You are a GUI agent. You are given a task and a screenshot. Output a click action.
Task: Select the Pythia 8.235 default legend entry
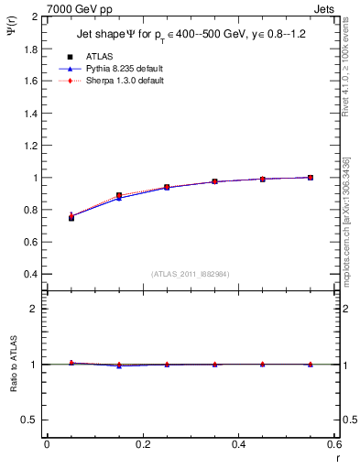tap(120, 68)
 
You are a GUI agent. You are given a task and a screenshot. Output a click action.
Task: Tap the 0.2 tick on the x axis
tap(142, 443)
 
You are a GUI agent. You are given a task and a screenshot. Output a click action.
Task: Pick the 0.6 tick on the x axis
tap(333, 443)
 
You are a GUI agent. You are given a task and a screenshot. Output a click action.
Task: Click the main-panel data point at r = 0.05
tap(71, 217)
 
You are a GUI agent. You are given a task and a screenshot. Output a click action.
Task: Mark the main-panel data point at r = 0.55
tap(311, 177)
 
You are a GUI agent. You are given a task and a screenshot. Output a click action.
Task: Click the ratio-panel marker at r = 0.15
tap(119, 365)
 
